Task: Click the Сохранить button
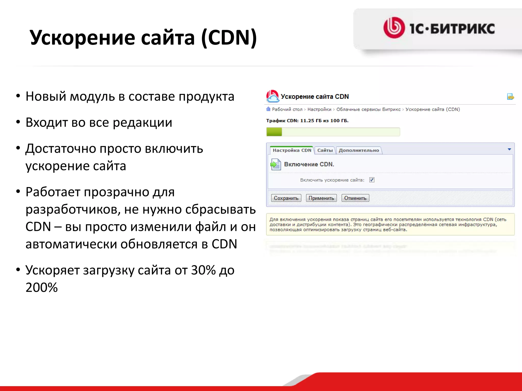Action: tap(286, 198)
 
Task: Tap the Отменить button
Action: tap(355, 198)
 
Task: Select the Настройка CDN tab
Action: tap(292, 150)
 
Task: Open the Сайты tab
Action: tap(325, 150)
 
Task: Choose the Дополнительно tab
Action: tap(359, 150)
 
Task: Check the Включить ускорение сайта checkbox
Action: tap(372, 180)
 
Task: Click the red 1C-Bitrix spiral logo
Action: tap(394, 28)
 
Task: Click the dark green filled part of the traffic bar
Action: tap(274, 132)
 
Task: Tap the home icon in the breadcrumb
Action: tap(268, 109)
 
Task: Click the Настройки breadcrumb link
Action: tap(319, 109)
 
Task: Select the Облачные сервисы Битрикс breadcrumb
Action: tap(368, 109)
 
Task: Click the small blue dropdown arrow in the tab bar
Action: tap(509, 149)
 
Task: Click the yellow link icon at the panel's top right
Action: tap(510, 97)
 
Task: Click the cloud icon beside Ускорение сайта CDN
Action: tap(272, 96)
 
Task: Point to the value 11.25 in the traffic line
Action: tap(307, 121)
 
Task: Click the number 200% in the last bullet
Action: tap(42, 288)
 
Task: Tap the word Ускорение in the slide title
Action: tap(82, 38)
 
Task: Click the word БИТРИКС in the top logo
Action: tap(462, 29)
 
